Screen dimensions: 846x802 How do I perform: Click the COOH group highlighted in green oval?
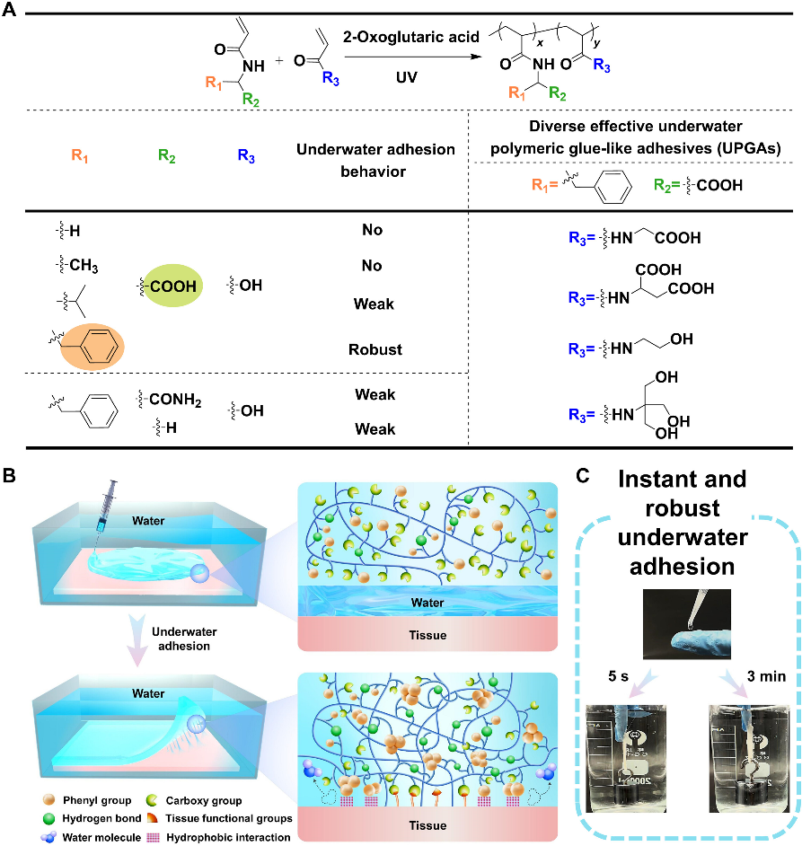(x=171, y=285)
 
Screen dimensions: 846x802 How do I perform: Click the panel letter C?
(x=582, y=476)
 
